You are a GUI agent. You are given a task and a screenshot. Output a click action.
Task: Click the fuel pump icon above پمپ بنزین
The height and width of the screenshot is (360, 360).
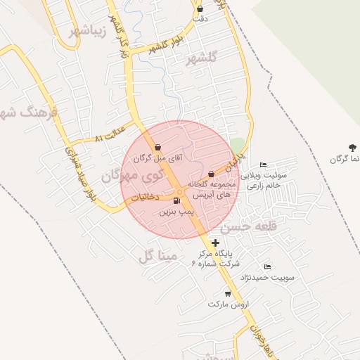coord(176,201)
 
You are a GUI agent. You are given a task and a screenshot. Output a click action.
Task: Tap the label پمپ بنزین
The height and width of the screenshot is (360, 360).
coord(175,211)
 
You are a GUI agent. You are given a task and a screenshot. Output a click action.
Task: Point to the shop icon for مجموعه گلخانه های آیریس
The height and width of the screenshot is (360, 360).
coord(211,174)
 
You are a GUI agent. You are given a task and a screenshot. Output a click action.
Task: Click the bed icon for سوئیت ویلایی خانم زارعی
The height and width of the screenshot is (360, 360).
coord(264,165)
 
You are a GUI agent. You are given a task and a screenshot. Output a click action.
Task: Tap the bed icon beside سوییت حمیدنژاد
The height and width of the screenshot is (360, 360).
coord(267,267)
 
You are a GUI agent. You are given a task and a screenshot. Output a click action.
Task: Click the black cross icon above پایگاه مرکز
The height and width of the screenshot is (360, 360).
coord(215,243)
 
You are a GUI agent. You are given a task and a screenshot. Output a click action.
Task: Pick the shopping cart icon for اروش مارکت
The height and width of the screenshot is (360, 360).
coord(227,293)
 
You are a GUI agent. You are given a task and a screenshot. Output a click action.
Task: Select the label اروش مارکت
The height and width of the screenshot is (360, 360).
coord(224,304)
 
